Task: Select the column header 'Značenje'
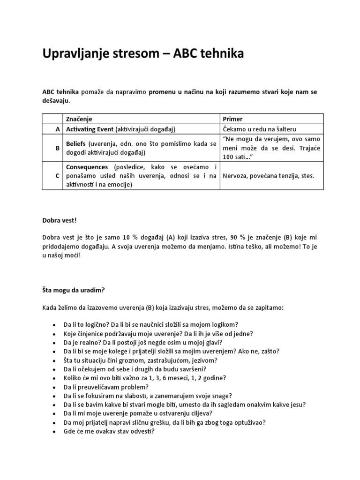coord(79,119)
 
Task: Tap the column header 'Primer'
coord(233,119)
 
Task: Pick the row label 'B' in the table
coord(58,148)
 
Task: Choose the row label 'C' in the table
coord(58,176)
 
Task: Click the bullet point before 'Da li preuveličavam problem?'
coord(54,387)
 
